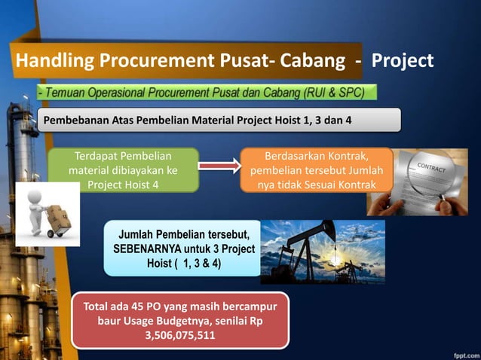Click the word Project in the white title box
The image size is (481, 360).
(403, 60)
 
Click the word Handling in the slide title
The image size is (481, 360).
(47, 60)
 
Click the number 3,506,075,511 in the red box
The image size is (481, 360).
(179, 335)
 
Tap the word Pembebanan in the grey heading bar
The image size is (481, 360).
(75, 120)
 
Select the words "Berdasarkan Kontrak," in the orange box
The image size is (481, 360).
(317, 157)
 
